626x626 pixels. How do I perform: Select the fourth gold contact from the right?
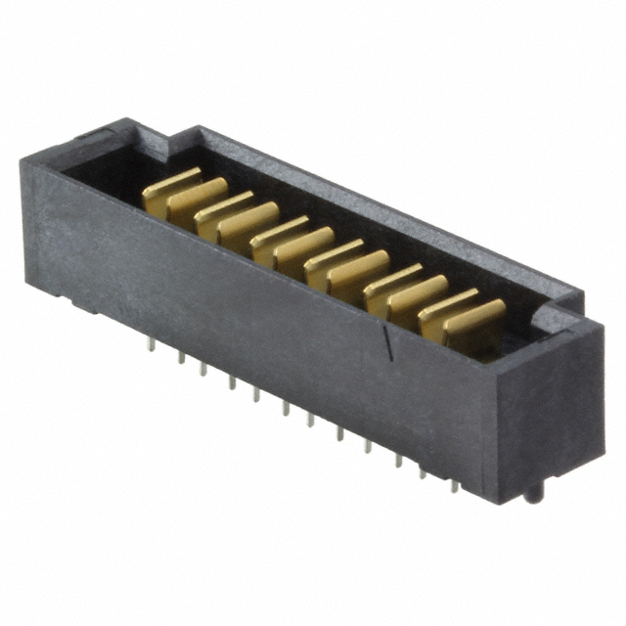pyautogui.click(x=391, y=280)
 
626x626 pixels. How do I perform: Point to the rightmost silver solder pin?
pyautogui.click(x=456, y=485)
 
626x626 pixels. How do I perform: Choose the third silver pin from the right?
pyautogui.click(x=399, y=459)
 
